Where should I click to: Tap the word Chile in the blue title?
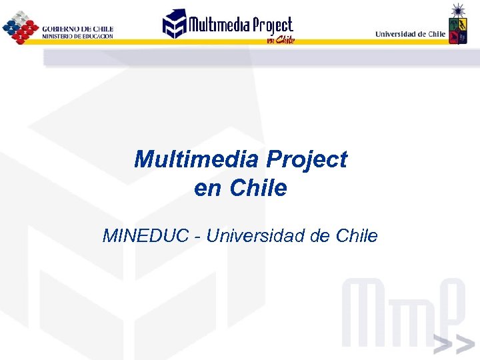258,189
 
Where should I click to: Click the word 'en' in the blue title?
209,189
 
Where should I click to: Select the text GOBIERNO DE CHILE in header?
77,29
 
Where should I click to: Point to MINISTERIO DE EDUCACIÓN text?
77,36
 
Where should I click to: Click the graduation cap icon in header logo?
175,23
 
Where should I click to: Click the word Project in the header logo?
272,25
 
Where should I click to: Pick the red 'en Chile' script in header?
280,39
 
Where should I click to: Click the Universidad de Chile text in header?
410,33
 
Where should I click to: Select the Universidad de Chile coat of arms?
457,29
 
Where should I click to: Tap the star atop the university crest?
458,9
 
